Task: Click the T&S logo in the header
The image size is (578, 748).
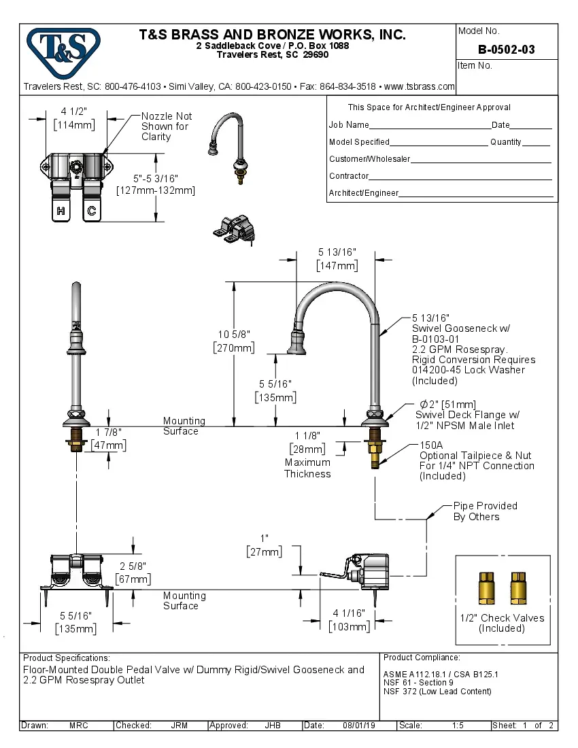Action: pos(63,48)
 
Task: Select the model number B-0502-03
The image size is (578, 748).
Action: pos(506,49)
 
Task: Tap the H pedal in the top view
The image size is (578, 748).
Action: pos(61,210)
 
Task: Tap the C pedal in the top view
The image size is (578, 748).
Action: pos(90,210)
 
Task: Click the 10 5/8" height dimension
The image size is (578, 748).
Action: pos(235,334)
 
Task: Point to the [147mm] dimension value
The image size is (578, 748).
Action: pos(337,265)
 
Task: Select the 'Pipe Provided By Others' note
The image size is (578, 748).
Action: pos(485,511)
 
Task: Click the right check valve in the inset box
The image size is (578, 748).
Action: pos(518,587)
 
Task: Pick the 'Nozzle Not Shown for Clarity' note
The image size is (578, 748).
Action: pos(166,126)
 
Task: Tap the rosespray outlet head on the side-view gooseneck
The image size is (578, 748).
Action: pos(297,343)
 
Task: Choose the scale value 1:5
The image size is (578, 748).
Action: pos(458,726)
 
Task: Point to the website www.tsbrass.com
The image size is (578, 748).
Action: pos(419,86)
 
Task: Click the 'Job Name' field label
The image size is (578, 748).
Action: pos(349,125)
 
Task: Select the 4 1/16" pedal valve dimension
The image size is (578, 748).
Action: pos(348,613)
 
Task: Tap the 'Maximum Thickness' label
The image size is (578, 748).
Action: pos(307,468)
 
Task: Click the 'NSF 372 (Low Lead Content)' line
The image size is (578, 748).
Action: pos(437,692)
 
